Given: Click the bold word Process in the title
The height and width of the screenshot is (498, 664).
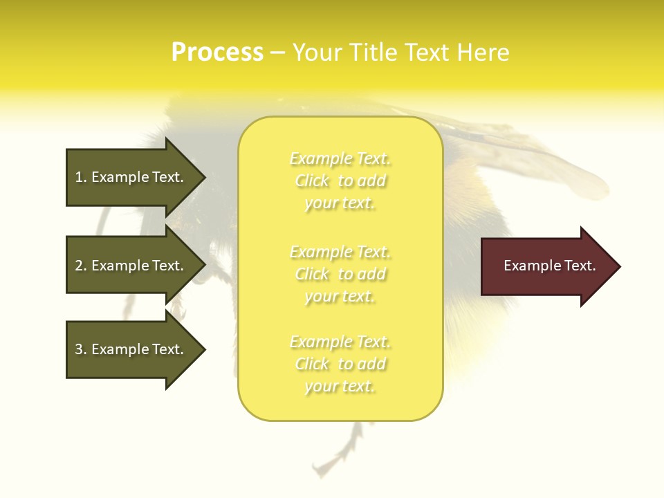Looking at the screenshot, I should coord(217,53).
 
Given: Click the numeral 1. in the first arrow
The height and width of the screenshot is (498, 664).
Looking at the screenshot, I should coord(81,177).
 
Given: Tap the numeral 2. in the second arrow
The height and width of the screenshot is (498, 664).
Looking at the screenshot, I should coord(81,266).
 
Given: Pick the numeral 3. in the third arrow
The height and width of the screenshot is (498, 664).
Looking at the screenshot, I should coord(81,349).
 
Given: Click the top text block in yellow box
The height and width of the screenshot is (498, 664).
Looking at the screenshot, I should coord(340,181).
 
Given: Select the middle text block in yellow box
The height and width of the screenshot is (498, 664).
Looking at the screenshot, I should coord(340,274).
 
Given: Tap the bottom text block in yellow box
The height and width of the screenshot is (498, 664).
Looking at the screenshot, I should coord(340,364).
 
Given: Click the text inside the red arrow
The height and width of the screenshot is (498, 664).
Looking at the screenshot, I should coord(549,266).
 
